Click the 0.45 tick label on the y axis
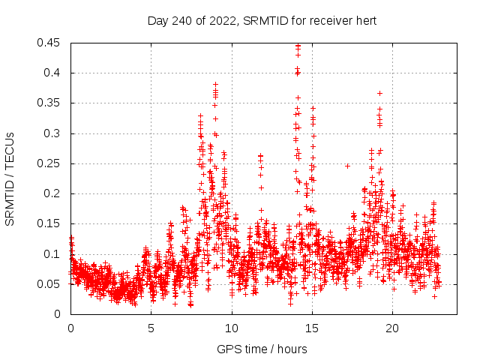tap(50, 43)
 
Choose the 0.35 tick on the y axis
tap(50, 103)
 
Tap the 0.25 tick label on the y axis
tap(50, 163)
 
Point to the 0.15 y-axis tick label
tap(50, 223)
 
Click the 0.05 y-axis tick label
tap(50, 283)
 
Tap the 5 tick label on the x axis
tap(151, 328)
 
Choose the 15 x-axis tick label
tap(311, 328)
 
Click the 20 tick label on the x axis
tap(392, 328)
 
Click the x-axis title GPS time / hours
tap(262, 349)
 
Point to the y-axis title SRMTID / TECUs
tap(10, 178)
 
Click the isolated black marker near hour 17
tap(347, 165)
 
